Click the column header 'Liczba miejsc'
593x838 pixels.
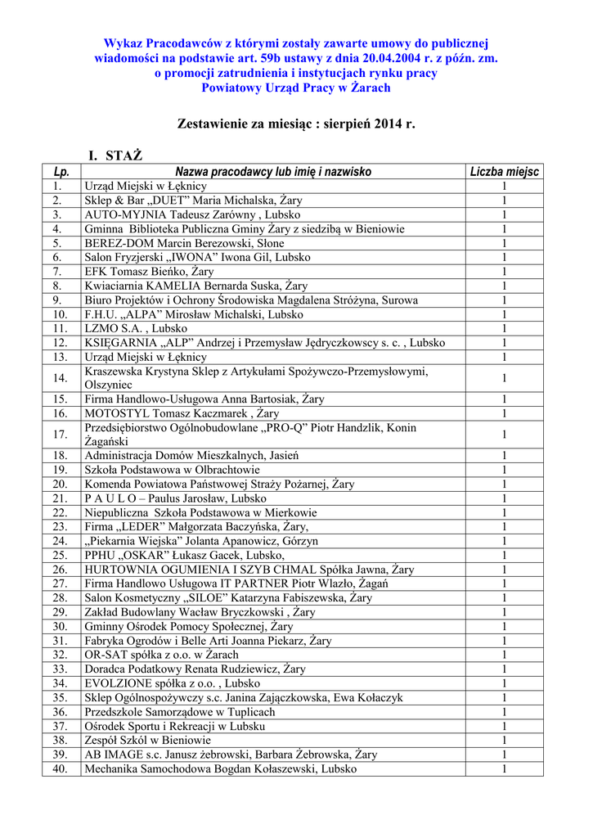[x=505, y=172]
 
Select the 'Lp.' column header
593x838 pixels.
[x=61, y=172]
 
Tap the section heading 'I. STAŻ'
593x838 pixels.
[x=115, y=155]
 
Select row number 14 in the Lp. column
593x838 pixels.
[x=61, y=378]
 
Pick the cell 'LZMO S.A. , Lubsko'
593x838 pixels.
[x=135, y=328]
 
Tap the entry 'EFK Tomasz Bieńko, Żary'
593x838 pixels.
[x=149, y=271]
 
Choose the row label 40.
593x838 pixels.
[x=61, y=768]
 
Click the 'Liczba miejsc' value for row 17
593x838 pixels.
[x=505, y=435]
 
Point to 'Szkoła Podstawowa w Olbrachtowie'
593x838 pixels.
[x=172, y=470]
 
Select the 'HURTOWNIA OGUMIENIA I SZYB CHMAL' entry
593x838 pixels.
[x=249, y=570]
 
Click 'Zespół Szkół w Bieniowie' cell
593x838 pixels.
[x=148, y=740]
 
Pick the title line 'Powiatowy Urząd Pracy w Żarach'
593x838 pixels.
[x=296, y=88]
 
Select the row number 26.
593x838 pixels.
[x=61, y=570]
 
